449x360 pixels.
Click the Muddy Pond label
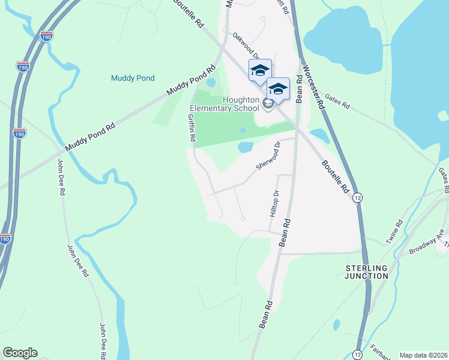point(133,78)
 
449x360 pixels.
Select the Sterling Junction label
point(367,271)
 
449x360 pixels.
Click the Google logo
point(20,353)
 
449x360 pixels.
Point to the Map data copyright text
point(423,355)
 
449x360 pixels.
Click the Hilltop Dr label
point(275,204)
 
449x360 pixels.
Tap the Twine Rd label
point(394,230)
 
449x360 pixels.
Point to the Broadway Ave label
point(427,242)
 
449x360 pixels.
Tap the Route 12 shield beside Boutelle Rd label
point(357,197)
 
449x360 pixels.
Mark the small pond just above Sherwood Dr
point(246,147)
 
